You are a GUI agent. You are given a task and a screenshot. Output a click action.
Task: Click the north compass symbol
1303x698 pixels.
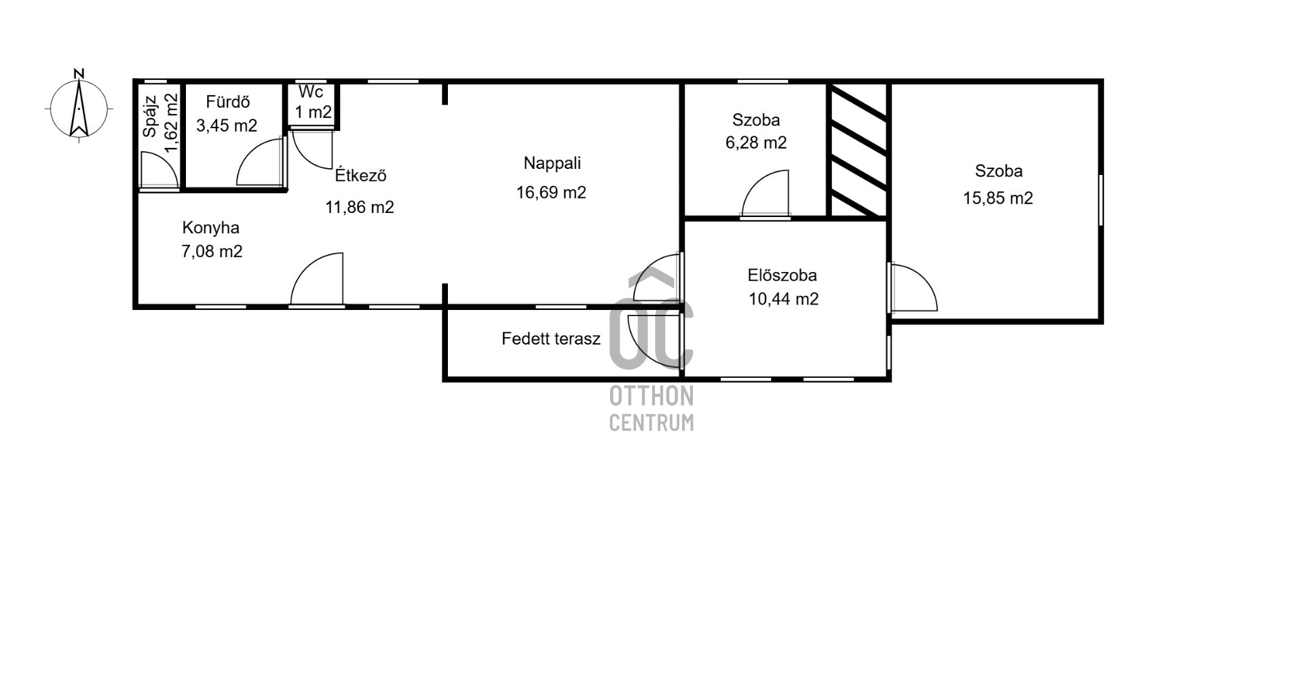pyautogui.click(x=79, y=105)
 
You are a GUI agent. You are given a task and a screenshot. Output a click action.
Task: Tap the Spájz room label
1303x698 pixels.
pyautogui.click(x=150, y=116)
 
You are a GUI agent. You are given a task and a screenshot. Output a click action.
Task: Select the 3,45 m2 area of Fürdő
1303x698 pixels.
pyautogui.click(x=227, y=125)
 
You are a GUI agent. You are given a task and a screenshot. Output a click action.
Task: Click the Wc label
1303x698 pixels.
pyautogui.click(x=311, y=92)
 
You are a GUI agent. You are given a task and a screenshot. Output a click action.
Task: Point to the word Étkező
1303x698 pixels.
pyautogui.click(x=360, y=175)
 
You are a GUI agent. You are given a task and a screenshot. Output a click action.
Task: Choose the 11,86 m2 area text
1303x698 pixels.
pyautogui.click(x=360, y=207)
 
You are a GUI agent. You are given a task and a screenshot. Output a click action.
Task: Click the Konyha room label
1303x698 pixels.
pyautogui.click(x=210, y=228)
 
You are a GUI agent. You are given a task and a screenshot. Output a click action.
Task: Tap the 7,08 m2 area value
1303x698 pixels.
pyautogui.click(x=212, y=252)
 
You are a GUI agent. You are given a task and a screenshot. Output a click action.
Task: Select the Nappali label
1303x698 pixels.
pyautogui.click(x=552, y=163)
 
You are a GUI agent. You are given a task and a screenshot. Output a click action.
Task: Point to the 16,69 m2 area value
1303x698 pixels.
pyautogui.click(x=551, y=193)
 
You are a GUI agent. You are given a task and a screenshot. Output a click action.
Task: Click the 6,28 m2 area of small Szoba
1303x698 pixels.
pyautogui.click(x=756, y=143)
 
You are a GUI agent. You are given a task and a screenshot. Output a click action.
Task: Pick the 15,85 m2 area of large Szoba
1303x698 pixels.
pyautogui.click(x=998, y=198)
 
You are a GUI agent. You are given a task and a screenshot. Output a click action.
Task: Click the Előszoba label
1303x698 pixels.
pyautogui.click(x=782, y=275)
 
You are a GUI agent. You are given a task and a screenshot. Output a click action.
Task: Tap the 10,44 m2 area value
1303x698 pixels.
pyautogui.click(x=783, y=299)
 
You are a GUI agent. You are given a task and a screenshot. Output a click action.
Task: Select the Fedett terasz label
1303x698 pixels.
pyautogui.click(x=551, y=338)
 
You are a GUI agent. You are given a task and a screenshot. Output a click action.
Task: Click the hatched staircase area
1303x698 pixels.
pyautogui.click(x=858, y=151)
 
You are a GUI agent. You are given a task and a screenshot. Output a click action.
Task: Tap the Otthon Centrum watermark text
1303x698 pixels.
pyautogui.click(x=651, y=408)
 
